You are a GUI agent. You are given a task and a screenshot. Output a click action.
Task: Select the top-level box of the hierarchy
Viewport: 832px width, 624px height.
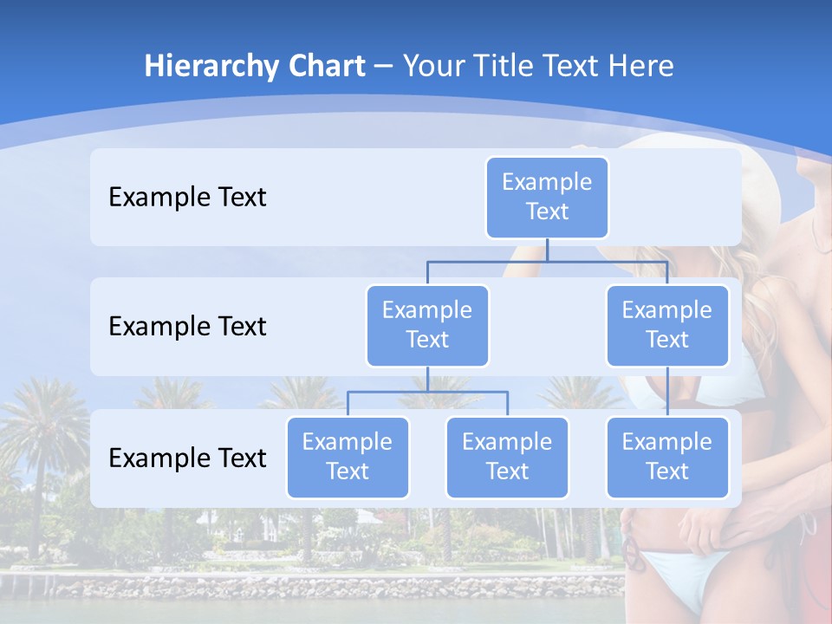[547, 198]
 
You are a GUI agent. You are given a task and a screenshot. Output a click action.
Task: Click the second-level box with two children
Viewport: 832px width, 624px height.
[427, 326]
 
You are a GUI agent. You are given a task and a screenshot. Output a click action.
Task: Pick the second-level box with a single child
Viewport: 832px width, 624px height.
[667, 326]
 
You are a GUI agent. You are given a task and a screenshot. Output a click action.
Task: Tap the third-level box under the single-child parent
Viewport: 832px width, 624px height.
[667, 458]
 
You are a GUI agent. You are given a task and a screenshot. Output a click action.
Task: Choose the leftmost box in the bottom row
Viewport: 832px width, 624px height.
[348, 458]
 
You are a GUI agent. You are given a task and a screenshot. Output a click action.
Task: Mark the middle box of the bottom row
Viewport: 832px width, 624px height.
[507, 458]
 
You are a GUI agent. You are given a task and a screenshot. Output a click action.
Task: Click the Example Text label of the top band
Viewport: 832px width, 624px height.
[187, 198]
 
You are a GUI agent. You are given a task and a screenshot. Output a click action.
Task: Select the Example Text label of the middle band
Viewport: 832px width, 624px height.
[187, 327]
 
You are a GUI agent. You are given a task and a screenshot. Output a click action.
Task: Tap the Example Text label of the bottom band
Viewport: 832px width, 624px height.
[187, 458]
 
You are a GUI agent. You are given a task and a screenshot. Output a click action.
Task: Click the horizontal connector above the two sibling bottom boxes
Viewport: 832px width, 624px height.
[427, 392]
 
